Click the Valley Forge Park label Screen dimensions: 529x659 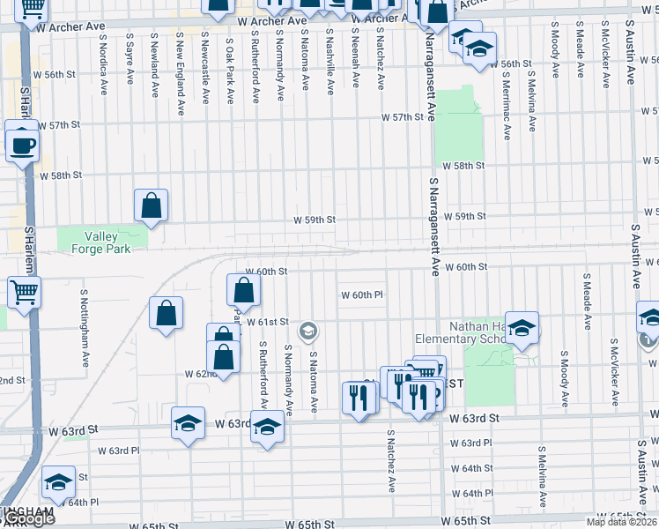[x=107, y=242]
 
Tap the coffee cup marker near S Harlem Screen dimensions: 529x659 [x=23, y=145]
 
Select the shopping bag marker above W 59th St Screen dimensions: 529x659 [x=152, y=206]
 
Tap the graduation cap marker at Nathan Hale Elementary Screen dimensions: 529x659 [x=522, y=329]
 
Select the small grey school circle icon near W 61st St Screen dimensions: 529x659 [x=308, y=332]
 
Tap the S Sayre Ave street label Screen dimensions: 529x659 [x=130, y=60]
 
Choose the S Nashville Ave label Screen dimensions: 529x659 [x=330, y=63]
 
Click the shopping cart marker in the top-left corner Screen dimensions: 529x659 [x=33, y=8]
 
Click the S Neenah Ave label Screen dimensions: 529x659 [x=355, y=61]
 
